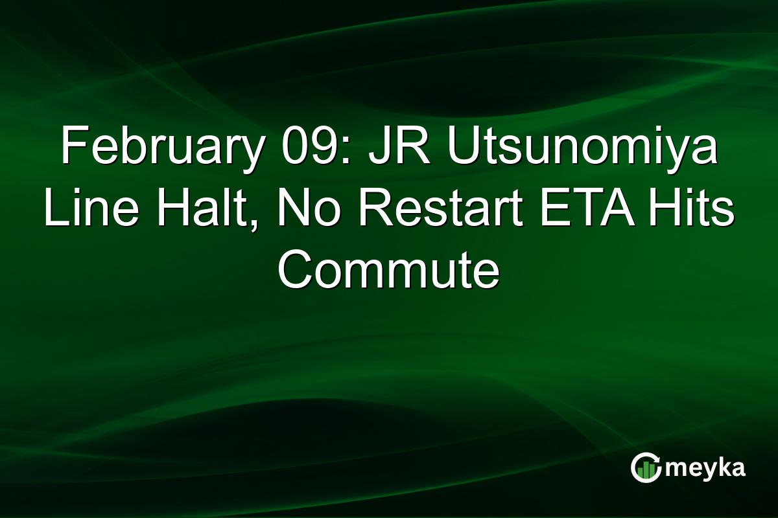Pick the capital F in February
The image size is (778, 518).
point(72,148)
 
